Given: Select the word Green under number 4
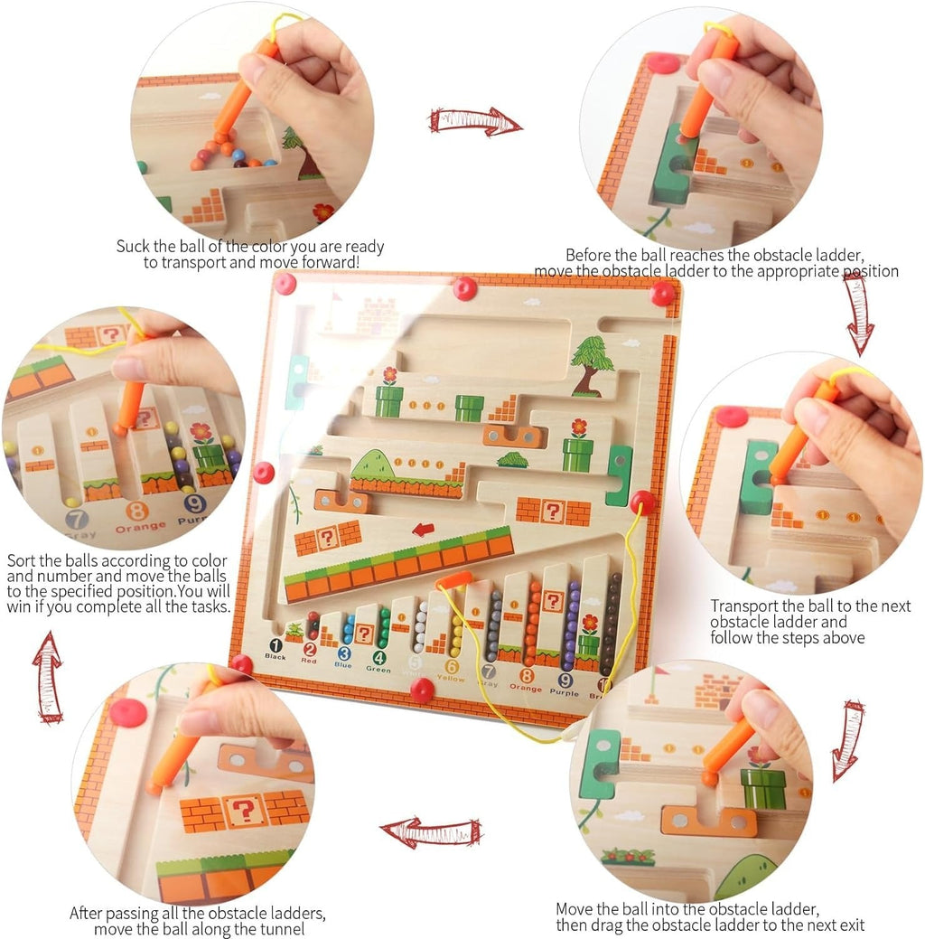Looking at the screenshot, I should click(378, 669).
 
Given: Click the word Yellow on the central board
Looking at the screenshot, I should click(452, 678).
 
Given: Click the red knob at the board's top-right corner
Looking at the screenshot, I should click(662, 292).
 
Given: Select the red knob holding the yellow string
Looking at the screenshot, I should click(642, 502).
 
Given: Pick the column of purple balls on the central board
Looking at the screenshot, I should click(571, 624).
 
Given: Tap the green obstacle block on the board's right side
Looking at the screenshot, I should click(620, 474).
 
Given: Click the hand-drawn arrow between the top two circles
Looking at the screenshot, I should click(475, 120).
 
